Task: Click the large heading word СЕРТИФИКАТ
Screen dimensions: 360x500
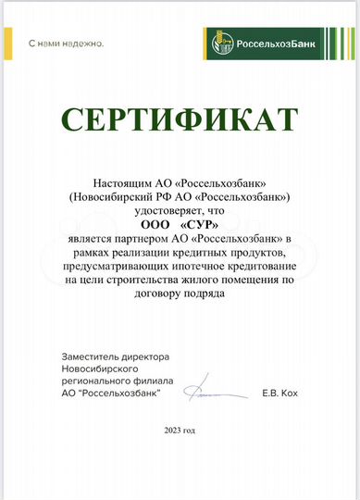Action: tap(180, 119)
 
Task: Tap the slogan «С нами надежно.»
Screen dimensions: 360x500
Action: tap(66, 44)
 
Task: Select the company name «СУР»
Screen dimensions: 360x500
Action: tap(201, 223)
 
